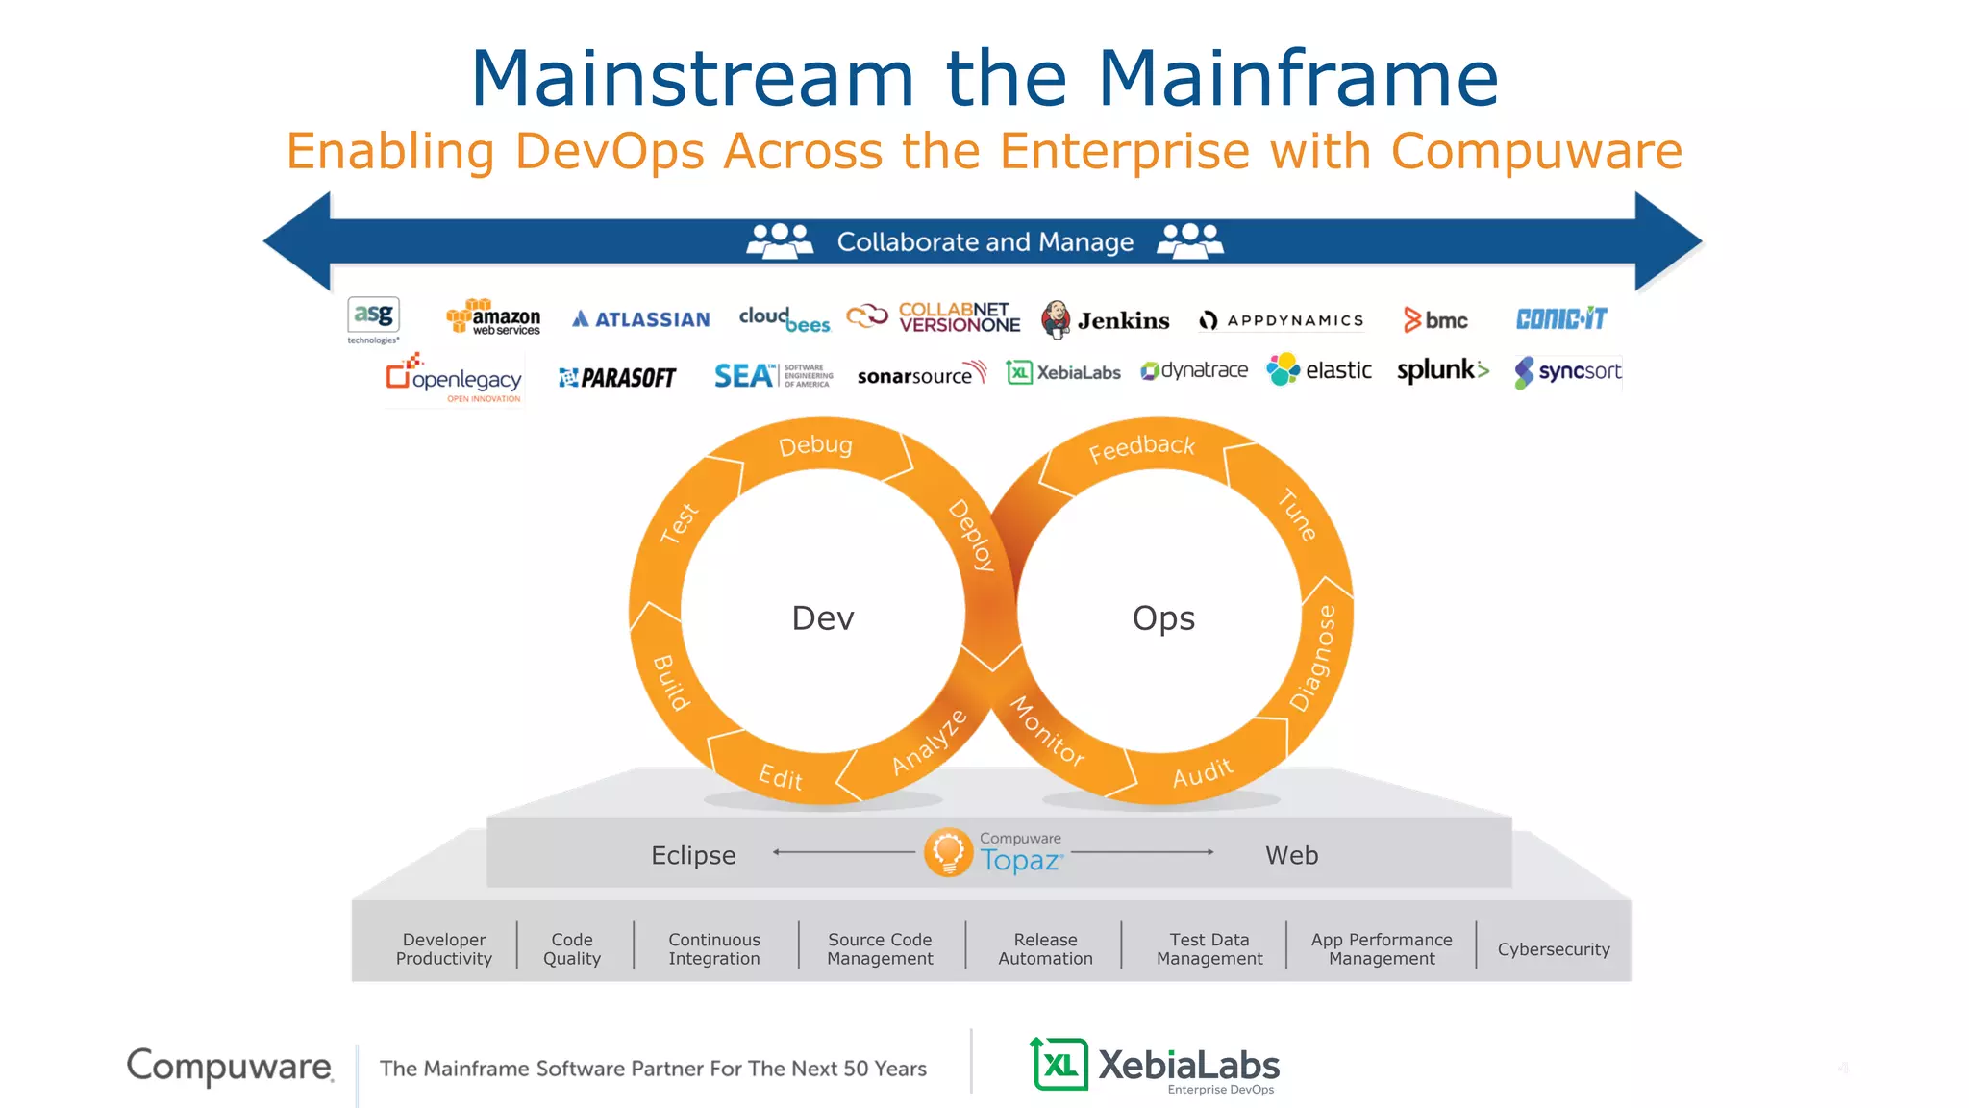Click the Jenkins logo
click(1106, 319)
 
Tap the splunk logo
click(1442, 370)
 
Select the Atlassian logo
click(641, 319)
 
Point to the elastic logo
click(1319, 370)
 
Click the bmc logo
click(1435, 320)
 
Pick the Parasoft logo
click(617, 378)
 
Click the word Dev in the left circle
click(823, 618)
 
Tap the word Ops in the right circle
click(1163, 618)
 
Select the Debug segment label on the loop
click(815, 445)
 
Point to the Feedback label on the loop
click(1141, 447)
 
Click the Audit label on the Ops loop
click(1202, 772)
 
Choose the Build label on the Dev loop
click(671, 682)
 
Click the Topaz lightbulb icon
click(948, 852)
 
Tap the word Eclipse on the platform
click(693, 855)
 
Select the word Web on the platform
click(1291, 855)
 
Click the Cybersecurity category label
click(1554, 949)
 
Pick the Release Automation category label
click(1045, 949)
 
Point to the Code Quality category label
click(572, 949)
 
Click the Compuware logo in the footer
click(231, 1066)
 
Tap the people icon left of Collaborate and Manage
click(780, 240)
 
